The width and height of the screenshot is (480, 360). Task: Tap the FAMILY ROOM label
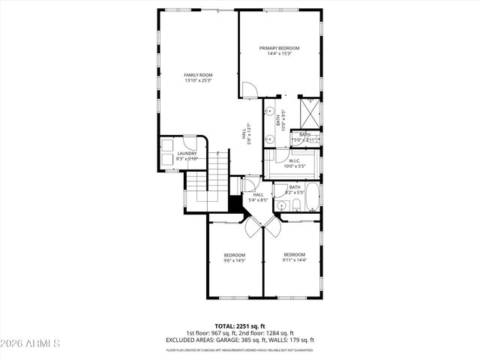tap(199, 75)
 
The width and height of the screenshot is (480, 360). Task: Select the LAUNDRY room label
tap(187, 154)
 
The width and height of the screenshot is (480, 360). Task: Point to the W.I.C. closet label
tap(294, 160)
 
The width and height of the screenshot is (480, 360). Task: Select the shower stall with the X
tap(309, 112)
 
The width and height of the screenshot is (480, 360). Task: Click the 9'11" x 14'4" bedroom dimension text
tap(294, 260)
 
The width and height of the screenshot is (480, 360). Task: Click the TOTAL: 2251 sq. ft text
tap(240, 326)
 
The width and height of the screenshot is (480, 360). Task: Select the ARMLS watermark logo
tap(31, 343)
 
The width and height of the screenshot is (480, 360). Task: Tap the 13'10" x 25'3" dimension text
tap(199, 81)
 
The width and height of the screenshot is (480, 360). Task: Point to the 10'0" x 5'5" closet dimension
tap(294, 166)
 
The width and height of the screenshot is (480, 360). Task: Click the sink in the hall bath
tap(280, 205)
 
